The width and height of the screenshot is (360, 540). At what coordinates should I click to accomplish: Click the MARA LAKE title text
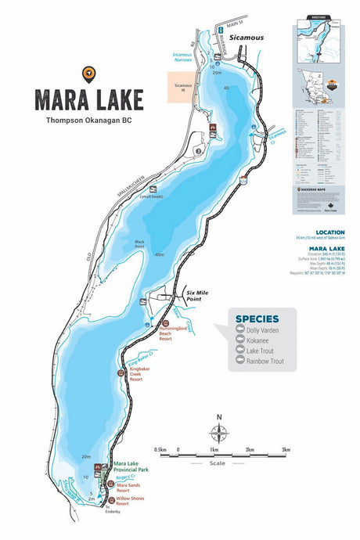pos(88,99)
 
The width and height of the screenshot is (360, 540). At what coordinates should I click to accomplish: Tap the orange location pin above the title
pos(88,74)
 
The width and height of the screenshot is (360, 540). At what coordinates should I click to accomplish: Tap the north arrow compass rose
pos(219,432)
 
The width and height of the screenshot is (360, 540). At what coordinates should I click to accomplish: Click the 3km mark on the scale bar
pos(286,450)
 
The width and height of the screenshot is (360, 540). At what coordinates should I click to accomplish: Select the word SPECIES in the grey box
pos(260,319)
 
